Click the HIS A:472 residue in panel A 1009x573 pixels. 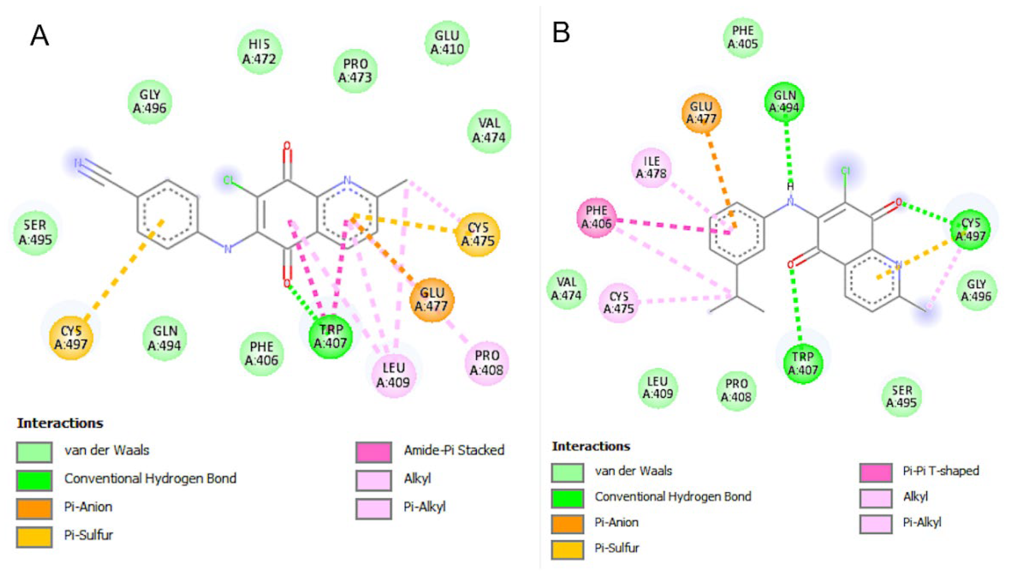[x=260, y=51]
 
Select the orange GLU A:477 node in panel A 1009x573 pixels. [x=431, y=300]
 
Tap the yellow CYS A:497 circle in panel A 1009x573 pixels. [x=71, y=337]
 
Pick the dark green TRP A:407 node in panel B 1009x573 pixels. [x=802, y=363]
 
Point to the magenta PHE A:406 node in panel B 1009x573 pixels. [x=596, y=217]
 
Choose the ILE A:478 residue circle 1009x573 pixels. [x=651, y=167]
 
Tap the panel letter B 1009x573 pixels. [x=561, y=32]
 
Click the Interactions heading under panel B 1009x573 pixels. [x=591, y=446]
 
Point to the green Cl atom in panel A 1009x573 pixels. [x=228, y=181]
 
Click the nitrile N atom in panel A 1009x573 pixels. [x=78, y=163]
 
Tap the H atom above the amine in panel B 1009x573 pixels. [x=790, y=186]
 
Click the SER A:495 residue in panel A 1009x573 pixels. [x=35, y=232]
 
